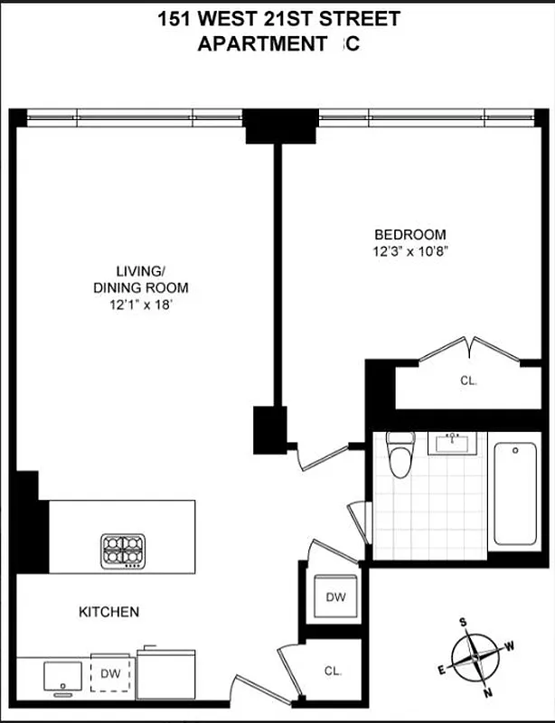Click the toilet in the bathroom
[399, 457]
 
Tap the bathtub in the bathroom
[514, 493]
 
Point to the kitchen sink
[61, 675]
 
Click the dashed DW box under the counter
[110, 673]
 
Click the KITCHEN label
[108, 612]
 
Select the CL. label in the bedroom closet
[468, 380]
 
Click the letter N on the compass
[487, 693]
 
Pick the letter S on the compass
[463, 622]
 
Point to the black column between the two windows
[280, 126]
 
